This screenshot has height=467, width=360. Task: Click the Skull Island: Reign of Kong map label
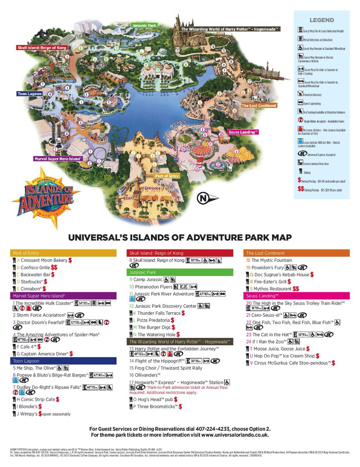click(x=42, y=47)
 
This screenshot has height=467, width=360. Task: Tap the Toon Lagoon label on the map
click(x=30, y=94)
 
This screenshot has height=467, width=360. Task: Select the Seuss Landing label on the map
click(x=243, y=132)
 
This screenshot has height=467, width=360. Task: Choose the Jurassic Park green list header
click(x=180, y=272)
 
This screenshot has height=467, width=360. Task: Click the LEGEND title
click(x=322, y=20)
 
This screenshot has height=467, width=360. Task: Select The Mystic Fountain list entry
click(x=271, y=260)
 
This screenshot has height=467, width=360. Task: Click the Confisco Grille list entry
click(x=35, y=267)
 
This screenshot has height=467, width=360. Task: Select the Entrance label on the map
click(x=152, y=188)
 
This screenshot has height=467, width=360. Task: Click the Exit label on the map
click(x=129, y=198)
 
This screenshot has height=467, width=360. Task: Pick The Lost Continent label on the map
click(x=259, y=105)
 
